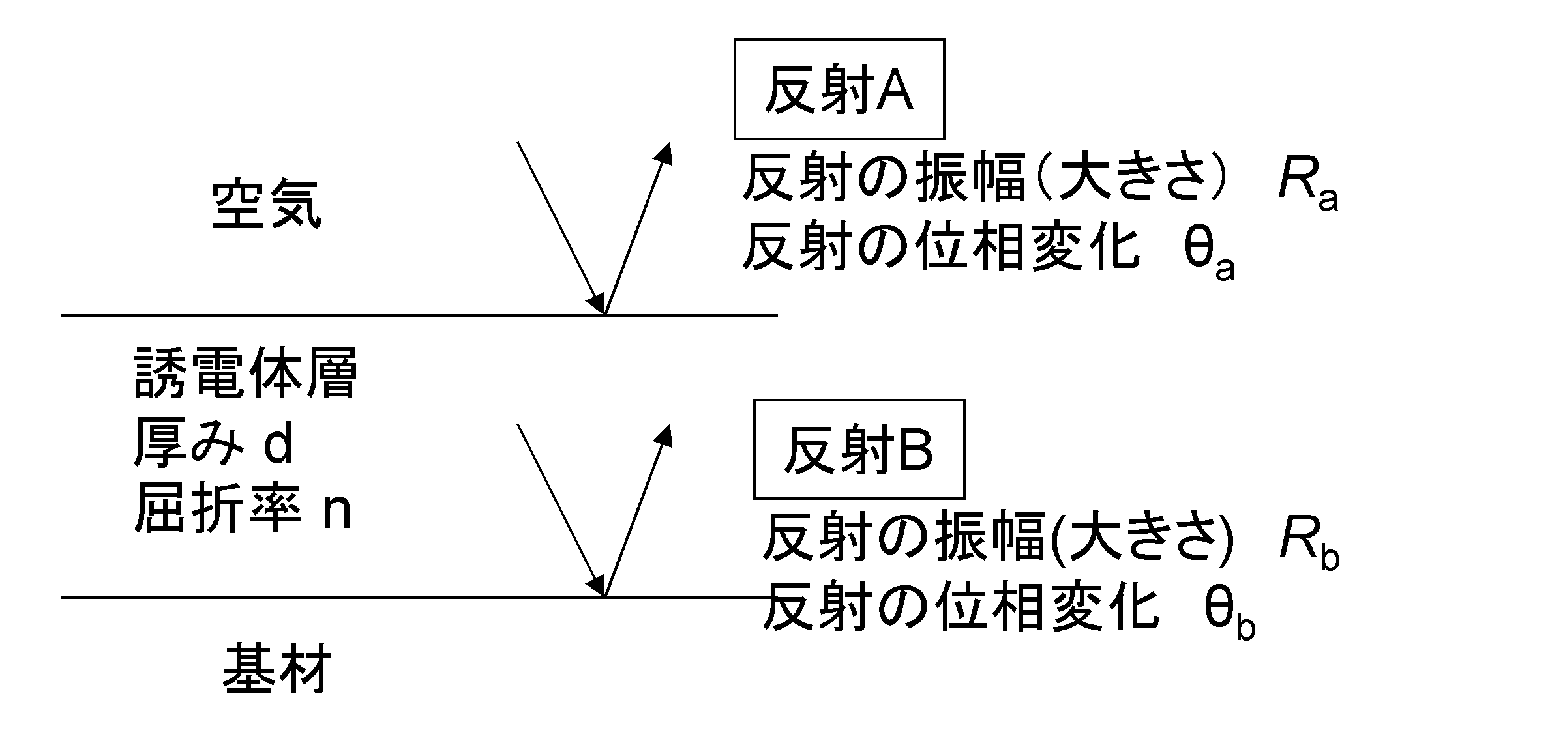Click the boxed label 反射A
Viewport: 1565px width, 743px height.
tap(839, 89)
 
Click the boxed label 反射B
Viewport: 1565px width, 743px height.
tap(858, 450)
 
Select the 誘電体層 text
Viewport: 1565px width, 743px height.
tap(245, 373)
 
